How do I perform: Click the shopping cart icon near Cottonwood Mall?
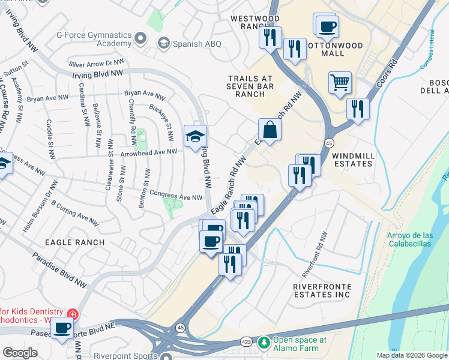tap(340, 83)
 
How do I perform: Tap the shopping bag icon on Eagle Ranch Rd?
tap(270, 129)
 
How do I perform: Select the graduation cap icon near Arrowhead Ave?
tap(195, 136)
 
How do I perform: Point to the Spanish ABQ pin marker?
tap(163, 43)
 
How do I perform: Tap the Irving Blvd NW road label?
tap(97, 73)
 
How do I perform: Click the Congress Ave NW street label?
tap(176, 196)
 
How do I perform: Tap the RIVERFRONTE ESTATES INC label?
tap(330, 290)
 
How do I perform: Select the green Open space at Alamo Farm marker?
tap(264, 342)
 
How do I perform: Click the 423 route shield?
tap(246, 342)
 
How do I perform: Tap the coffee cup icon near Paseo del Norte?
tap(62, 328)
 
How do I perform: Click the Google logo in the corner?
tap(19, 353)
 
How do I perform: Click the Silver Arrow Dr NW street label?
tap(97, 62)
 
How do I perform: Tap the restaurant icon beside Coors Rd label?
tap(358, 109)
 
